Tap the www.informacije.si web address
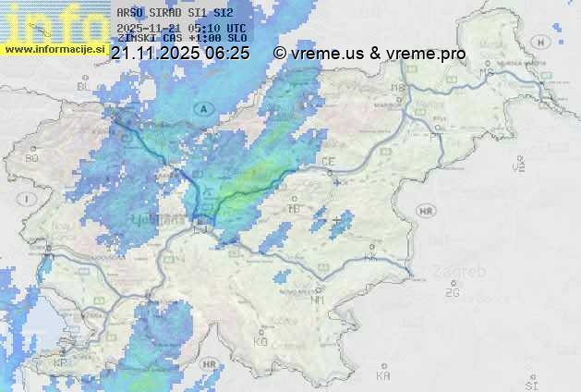(x=54, y=48)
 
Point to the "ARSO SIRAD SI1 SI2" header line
(x=176, y=13)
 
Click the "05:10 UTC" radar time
(x=221, y=28)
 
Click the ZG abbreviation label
(x=452, y=293)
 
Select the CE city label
(x=328, y=162)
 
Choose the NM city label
(x=319, y=300)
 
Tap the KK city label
(x=371, y=258)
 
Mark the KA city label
(x=383, y=375)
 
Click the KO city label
(x=260, y=341)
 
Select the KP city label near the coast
(x=61, y=362)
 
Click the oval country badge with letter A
(x=201, y=108)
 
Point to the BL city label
(x=83, y=86)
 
